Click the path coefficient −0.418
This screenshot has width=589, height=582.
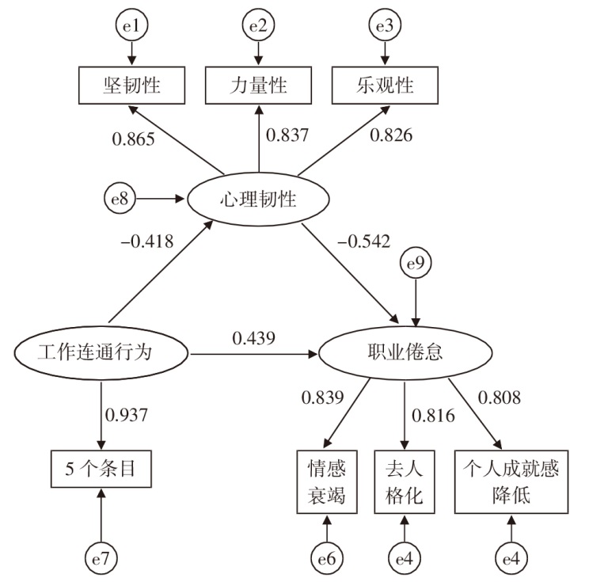(x=147, y=242)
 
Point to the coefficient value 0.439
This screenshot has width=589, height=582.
(x=253, y=338)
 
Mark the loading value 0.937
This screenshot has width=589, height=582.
(x=126, y=415)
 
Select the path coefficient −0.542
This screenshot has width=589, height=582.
(x=363, y=242)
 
